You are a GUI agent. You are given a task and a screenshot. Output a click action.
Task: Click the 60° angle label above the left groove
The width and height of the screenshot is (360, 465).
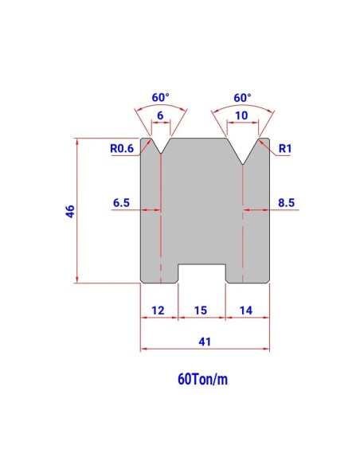pos(160,98)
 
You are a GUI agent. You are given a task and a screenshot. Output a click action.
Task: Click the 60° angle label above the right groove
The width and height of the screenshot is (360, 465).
pos(242,98)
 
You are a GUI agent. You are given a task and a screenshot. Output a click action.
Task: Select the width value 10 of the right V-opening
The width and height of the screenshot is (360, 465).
pos(242,115)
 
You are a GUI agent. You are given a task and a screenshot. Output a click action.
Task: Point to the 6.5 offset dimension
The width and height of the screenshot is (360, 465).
pos(121,203)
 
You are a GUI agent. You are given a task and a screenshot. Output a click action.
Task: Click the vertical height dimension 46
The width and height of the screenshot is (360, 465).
pos(70,211)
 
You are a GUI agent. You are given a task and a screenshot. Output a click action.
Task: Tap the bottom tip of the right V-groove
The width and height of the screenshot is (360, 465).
pos(243,165)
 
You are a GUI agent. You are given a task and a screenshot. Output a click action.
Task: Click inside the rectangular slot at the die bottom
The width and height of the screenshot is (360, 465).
pos(202,274)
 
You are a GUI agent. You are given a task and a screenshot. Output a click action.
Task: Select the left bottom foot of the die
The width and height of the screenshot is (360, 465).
pos(158,274)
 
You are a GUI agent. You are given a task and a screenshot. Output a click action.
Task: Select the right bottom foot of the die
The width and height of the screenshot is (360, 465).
pos(248,274)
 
